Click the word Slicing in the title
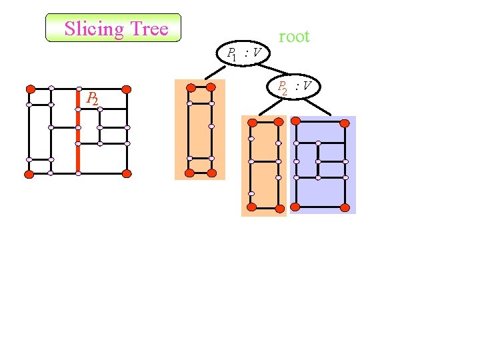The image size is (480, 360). tap(94, 29)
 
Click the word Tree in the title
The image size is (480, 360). tap(149, 29)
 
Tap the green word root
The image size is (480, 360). tap(294, 37)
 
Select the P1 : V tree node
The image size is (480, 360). tap(243, 53)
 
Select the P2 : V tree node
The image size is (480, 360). tap(295, 87)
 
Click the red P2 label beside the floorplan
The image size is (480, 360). tap(92, 99)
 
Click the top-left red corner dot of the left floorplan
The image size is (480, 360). tap(30, 89)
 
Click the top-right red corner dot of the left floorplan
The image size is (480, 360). tap(127, 89)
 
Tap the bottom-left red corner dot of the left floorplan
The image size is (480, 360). tap(29, 174)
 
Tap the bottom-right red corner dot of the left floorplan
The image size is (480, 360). tap(127, 173)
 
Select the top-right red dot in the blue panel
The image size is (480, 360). tap(344, 123)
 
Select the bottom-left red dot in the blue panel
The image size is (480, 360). tap(295, 207)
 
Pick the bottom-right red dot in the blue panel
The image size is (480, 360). tap(345, 207)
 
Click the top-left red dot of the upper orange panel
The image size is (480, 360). tap(191, 87)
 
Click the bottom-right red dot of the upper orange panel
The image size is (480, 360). tap(212, 173)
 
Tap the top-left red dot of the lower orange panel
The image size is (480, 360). tap(252, 123)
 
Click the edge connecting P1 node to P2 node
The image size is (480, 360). tap(273, 69)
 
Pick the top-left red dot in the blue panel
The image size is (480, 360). tap(296, 123)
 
